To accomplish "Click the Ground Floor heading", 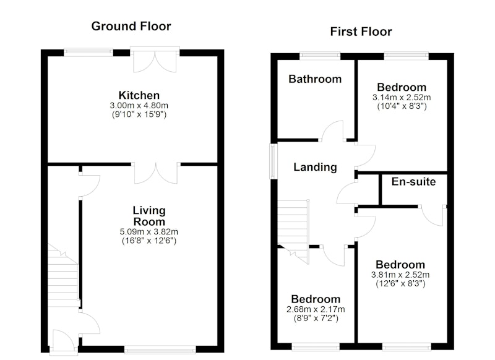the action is pos(131,26).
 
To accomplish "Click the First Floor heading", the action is pos(361,32).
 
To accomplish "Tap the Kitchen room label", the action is pos(139,95).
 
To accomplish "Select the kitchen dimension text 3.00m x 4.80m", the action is pos(139,105).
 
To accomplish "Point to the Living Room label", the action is pos(149,216).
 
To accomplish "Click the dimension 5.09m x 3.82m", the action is pos(148,232).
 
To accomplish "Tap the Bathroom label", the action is pos(315,79).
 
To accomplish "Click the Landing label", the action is pos(315,167).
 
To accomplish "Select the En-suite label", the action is pos(413,181).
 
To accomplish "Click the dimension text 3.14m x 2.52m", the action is pos(402,98).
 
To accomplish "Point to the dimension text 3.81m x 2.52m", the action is pos(400,275).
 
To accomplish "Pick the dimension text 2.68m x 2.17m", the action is pos(316,309).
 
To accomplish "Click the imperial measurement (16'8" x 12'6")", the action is pos(149,241).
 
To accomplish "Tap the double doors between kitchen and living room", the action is pos(156,173).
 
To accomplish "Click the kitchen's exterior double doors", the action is pos(155,59).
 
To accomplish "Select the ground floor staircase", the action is pos(63,275).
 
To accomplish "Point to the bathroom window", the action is pos(320,56).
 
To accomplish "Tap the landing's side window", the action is pos(273,161).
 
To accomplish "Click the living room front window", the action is pos(160,349).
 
